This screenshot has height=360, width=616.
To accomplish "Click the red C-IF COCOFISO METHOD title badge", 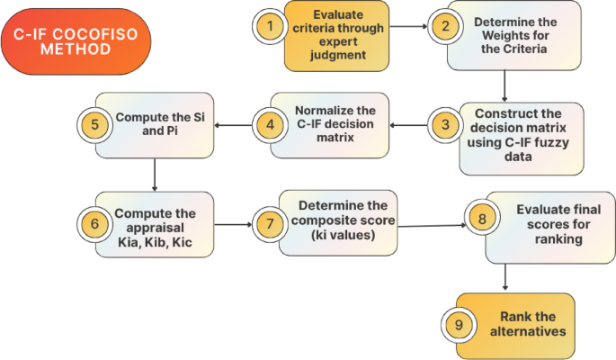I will click(x=76, y=40).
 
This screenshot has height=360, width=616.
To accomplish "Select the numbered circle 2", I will click(x=442, y=27).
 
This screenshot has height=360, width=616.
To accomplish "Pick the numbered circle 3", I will click(x=442, y=125).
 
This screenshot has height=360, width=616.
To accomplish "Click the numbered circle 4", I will click(x=266, y=125).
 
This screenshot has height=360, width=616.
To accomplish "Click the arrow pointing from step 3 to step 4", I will click(x=409, y=125).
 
